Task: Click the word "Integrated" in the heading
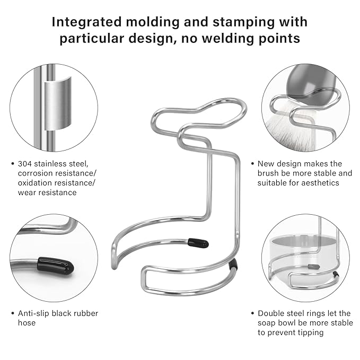click(86, 22)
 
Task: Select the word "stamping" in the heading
click(243, 23)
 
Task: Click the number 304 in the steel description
click(24, 164)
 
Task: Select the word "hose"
click(27, 322)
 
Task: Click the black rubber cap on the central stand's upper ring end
click(198, 243)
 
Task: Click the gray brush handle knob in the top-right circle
click(311, 85)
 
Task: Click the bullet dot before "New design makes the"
click(252, 164)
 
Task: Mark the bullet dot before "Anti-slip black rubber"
click(13, 313)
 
